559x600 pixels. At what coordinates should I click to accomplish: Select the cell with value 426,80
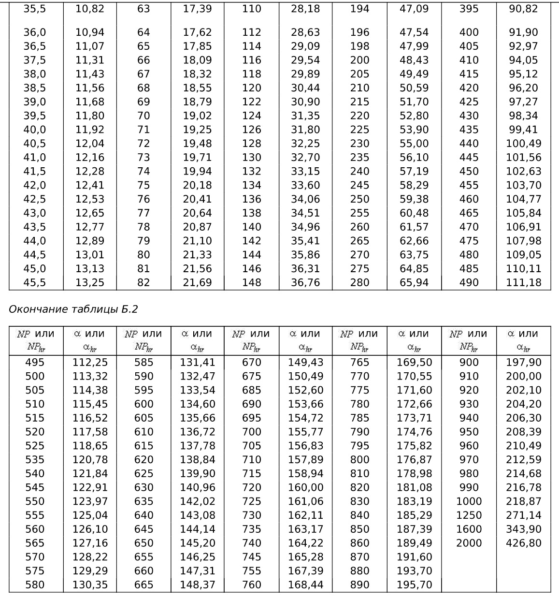click(524, 543)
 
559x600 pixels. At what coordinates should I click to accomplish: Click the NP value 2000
click(469, 543)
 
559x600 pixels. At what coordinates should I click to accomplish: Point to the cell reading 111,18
click(524, 283)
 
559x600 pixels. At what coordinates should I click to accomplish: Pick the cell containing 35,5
click(35, 9)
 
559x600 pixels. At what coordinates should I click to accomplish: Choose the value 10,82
click(90, 9)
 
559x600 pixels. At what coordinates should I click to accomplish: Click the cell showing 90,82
click(524, 9)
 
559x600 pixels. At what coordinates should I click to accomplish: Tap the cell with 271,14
click(524, 515)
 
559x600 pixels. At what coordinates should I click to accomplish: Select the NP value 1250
click(469, 515)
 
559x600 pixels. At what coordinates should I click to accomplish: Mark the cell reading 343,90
click(524, 529)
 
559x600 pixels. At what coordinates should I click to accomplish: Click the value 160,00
click(306, 487)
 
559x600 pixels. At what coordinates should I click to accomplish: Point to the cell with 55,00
click(414, 144)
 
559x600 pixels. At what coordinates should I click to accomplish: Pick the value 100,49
click(524, 144)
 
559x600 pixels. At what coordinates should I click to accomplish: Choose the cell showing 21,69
click(197, 283)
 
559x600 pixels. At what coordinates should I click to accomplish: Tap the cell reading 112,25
click(90, 363)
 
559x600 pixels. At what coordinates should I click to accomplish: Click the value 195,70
click(414, 585)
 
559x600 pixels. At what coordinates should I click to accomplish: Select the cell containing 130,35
click(90, 585)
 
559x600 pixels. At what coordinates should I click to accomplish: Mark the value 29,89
click(306, 74)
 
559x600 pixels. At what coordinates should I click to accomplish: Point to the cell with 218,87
click(524, 501)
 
